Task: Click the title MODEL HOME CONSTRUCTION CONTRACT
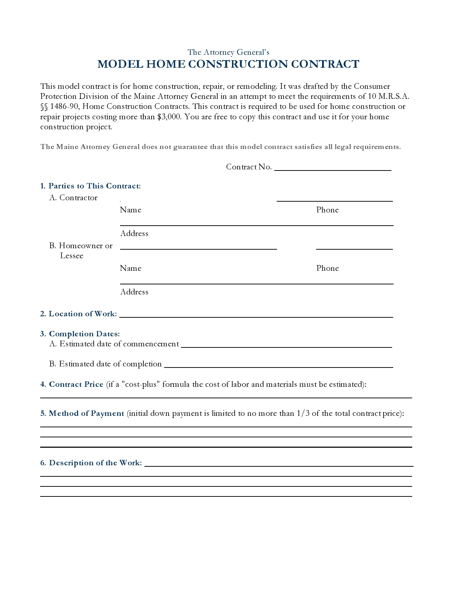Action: tap(228, 64)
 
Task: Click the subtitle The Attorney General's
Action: tap(228, 52)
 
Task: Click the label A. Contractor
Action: tap(73, 198)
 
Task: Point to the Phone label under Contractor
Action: tap(327, 210)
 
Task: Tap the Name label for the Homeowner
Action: tap(130, 268)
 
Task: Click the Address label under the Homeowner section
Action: tap(134, 292)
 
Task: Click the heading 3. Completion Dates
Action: tap(80, 334)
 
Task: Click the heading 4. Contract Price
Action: tap(72, 384)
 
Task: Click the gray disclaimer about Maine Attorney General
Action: tap(220, 147)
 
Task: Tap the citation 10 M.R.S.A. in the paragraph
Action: tap(389, 96)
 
